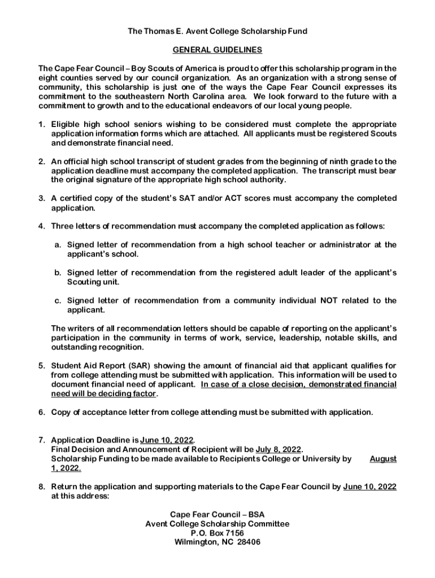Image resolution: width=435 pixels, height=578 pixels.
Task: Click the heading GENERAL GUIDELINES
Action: (217, 50)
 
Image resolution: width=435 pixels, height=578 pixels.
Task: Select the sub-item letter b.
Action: (58, 273)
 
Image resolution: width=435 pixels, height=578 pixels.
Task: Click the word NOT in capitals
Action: (329, 301)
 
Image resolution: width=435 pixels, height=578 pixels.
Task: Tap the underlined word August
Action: (383, 459)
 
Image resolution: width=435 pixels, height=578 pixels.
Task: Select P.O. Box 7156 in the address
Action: (217, 533)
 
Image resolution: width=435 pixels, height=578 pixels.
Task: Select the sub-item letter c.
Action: (58, 301)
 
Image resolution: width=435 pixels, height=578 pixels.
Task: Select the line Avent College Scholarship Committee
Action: (217, 524)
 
